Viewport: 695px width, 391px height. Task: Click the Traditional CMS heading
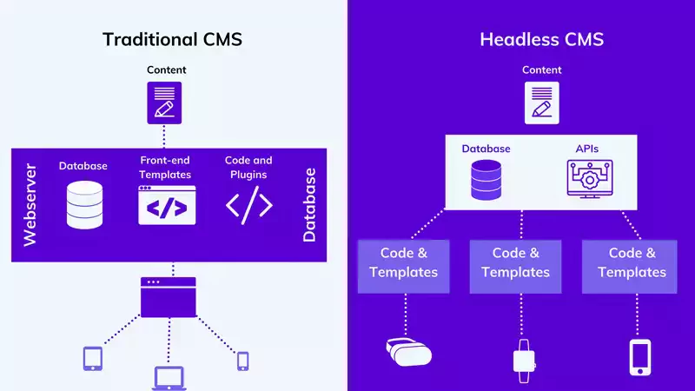coord(172,39)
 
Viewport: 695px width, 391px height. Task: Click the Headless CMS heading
coord(541,39)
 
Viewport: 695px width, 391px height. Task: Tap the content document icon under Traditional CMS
coord(164,102)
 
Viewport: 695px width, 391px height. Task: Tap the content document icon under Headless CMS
coord(540,102)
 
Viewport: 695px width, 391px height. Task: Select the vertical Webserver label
coord(30,206)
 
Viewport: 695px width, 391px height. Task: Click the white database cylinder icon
coord(83,205)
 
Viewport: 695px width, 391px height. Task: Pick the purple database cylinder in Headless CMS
coord(486,180)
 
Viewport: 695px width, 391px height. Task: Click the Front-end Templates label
coord(164,167)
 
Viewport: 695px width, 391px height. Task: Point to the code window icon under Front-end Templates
coord(167,206)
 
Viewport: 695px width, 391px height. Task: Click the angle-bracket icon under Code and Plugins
coord(249,206)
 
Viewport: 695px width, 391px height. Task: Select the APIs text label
coord(586,149)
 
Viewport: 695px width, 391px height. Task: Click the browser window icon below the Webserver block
coord(168,297)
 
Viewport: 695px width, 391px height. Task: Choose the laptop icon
coord(169,377)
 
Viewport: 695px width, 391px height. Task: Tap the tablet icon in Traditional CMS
coord(93,359)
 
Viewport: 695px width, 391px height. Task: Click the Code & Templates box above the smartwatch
coord(515,262)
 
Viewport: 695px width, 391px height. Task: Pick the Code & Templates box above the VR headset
coord(403,262)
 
